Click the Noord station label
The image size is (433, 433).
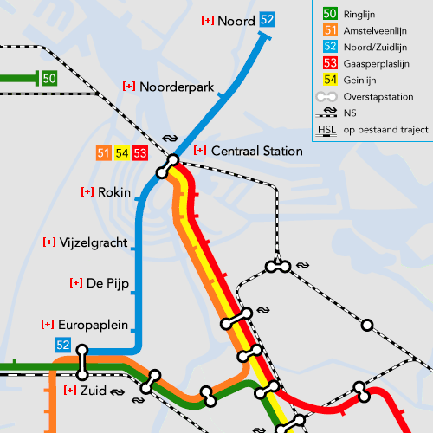236,20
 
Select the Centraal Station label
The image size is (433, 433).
256,151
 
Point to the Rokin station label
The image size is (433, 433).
114,191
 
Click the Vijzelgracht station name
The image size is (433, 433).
94,242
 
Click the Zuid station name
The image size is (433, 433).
93,391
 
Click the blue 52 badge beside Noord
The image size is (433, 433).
268,20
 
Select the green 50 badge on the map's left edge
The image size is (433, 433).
49,79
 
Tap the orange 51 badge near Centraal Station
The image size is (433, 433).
104,153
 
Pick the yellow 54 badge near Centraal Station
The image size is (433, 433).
122,153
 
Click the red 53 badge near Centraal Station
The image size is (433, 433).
140,153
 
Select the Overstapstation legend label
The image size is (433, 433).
378,97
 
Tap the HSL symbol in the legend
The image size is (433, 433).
326,131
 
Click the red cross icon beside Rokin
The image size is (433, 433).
87,191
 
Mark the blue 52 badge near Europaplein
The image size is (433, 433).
62,346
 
